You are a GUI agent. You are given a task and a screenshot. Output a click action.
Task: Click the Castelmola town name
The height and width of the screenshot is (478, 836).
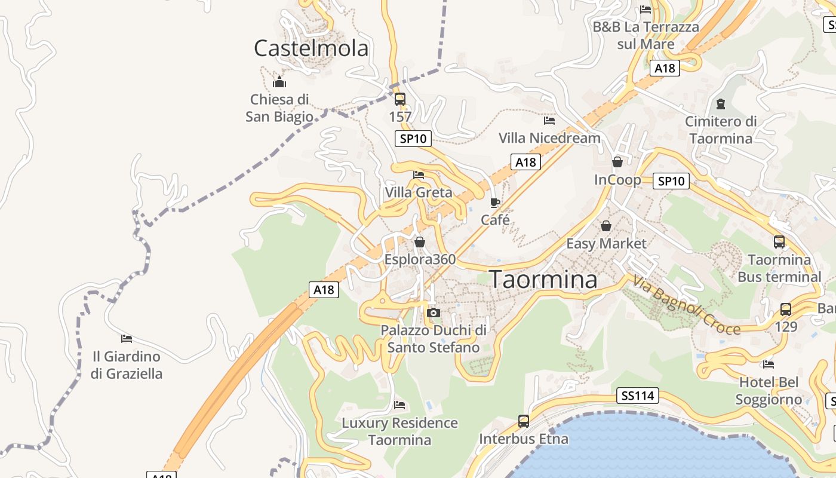coord(311,48)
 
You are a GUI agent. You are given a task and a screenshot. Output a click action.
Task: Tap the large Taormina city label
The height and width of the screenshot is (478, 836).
coord(543,279)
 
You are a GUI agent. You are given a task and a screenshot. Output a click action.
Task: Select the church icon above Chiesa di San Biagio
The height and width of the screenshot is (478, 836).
coord(279,82)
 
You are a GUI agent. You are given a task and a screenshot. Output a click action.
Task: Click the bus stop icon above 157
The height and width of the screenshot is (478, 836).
coord(400,99)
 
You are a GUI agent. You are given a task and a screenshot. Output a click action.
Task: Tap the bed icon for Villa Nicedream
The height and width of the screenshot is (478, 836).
coord(549,121)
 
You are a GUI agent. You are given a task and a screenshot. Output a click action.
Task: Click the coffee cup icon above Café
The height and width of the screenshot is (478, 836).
coord(495,203)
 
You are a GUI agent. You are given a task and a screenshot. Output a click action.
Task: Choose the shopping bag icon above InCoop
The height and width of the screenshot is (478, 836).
coord(617,162)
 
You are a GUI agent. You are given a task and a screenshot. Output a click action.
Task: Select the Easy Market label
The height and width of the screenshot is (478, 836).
coord(606,243)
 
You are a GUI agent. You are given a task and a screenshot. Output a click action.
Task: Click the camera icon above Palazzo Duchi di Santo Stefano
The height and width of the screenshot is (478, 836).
coord(434,312)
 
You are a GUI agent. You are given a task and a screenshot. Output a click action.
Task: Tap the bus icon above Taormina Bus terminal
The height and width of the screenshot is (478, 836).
coord(779,242)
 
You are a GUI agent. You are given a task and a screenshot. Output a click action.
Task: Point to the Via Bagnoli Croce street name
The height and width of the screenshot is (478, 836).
coord(687,305)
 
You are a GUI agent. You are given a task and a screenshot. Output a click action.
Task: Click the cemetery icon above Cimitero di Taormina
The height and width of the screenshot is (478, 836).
coord(721,104)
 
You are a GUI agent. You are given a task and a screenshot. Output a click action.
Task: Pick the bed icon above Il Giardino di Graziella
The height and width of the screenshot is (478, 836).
coord(127,339)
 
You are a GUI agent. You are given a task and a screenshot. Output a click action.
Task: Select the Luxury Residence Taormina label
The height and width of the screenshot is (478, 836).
coord(399,431)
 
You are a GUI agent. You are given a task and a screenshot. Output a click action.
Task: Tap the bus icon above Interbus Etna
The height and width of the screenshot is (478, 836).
coord(524,421)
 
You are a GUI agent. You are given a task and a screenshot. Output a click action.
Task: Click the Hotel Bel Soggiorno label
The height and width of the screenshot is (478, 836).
coord(769,391)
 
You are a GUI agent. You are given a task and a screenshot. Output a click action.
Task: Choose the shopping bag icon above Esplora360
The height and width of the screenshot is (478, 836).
coord(420,242)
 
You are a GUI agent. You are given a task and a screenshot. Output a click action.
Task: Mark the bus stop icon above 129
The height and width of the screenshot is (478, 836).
coord(786,310)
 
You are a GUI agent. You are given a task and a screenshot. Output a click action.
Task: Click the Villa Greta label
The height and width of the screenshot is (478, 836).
coord(419,192)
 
